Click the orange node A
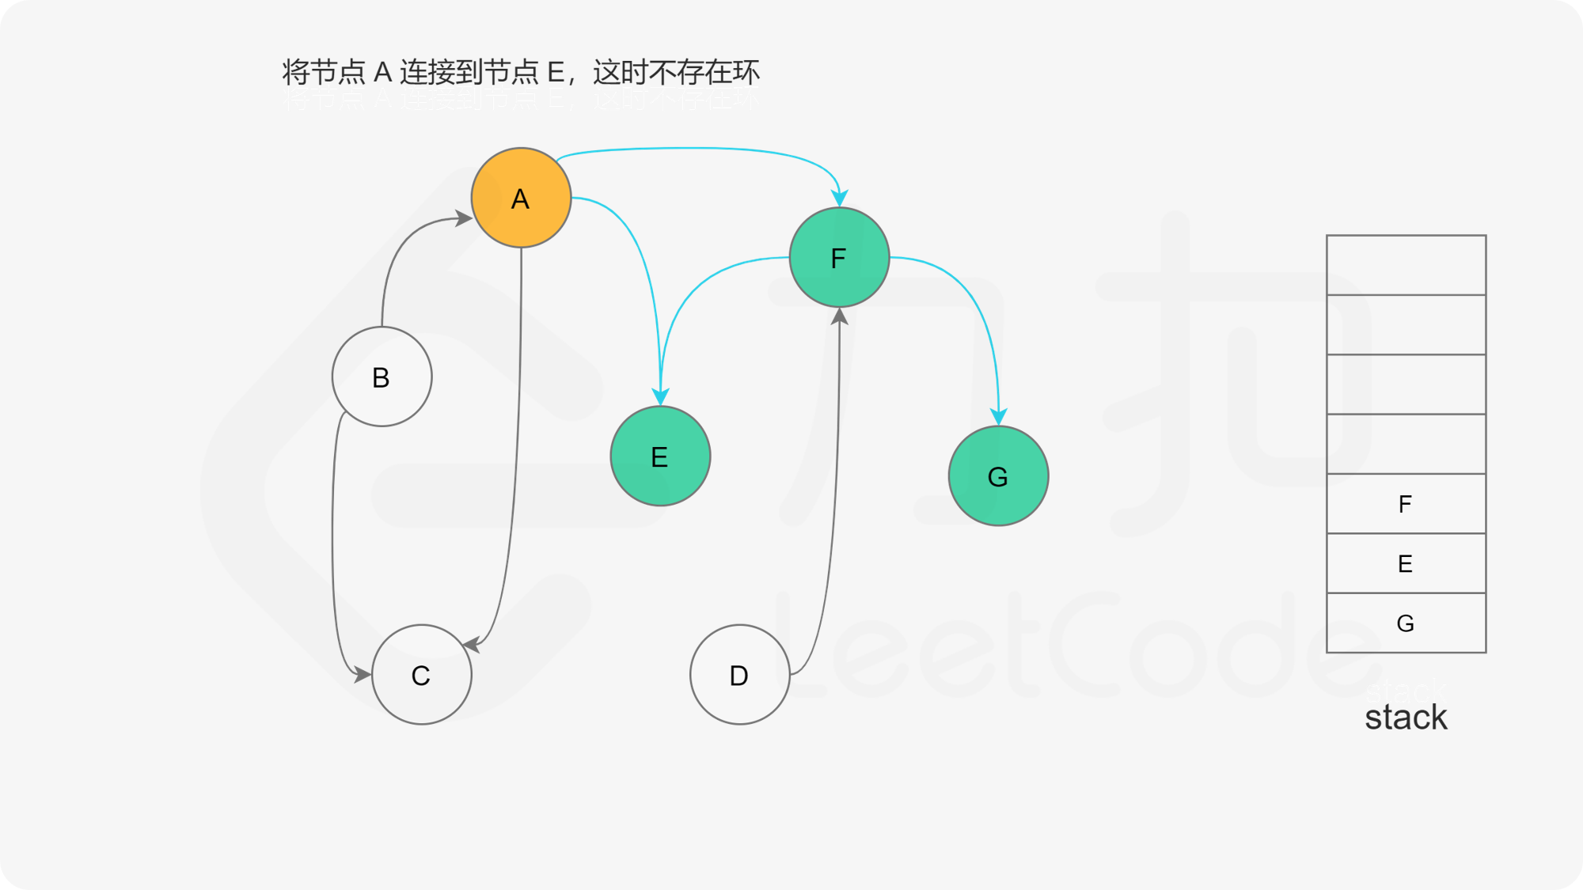click(x=521, y=198)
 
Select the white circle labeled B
click(x=382, y=377)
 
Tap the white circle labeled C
click(x=421, y=675)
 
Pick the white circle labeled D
click(x=739, y=675)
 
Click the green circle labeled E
click(x=660, y=456)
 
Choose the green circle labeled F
click(x=839, y=258)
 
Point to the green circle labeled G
click(x=998, y=476)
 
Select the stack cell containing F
click(x=1406, y=504)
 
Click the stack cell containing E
click(x=1406, y=563)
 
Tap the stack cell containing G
click(x=1406, y=623)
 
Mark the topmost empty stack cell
click(x=1406, y=265)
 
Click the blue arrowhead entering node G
click(x=999, y=417)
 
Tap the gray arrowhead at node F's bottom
click(x=840, y=316)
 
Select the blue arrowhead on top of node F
click(x=840, y=197)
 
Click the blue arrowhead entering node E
click(x=661, y=396)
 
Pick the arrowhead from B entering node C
click(x=363, y=675)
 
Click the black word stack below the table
click(x=1406, y=718)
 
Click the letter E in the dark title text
click(x=556, y=72)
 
